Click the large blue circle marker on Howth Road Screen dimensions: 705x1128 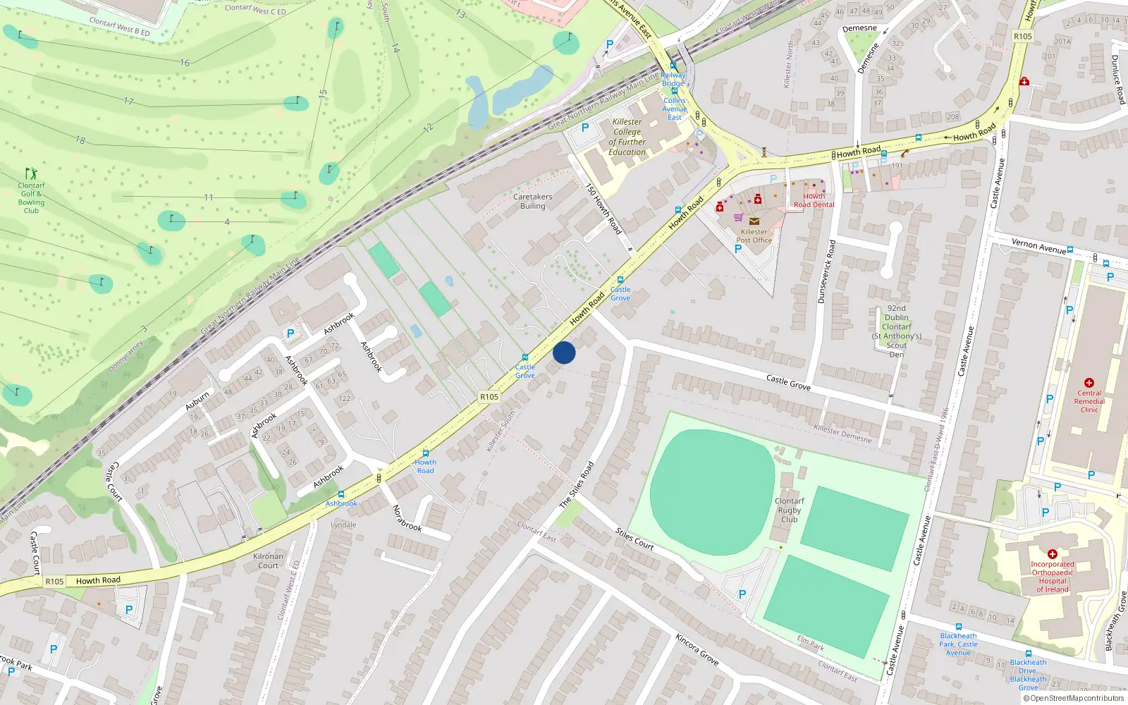564,352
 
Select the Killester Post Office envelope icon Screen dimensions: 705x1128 754,221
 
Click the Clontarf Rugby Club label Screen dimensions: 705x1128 789,510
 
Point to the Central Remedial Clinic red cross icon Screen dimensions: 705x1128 1089,383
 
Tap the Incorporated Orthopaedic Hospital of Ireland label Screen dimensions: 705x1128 1052,577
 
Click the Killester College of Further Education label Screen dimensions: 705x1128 627,137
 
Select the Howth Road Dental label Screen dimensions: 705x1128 814,201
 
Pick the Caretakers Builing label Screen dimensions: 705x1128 532,202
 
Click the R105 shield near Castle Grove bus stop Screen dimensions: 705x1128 489,397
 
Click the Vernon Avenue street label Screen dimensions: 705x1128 1038,246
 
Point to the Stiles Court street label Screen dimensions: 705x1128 634,539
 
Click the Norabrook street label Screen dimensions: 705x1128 407,518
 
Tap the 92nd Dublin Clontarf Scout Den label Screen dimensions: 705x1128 897,331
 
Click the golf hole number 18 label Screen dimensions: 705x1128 80,140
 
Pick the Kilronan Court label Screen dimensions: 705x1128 268,560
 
